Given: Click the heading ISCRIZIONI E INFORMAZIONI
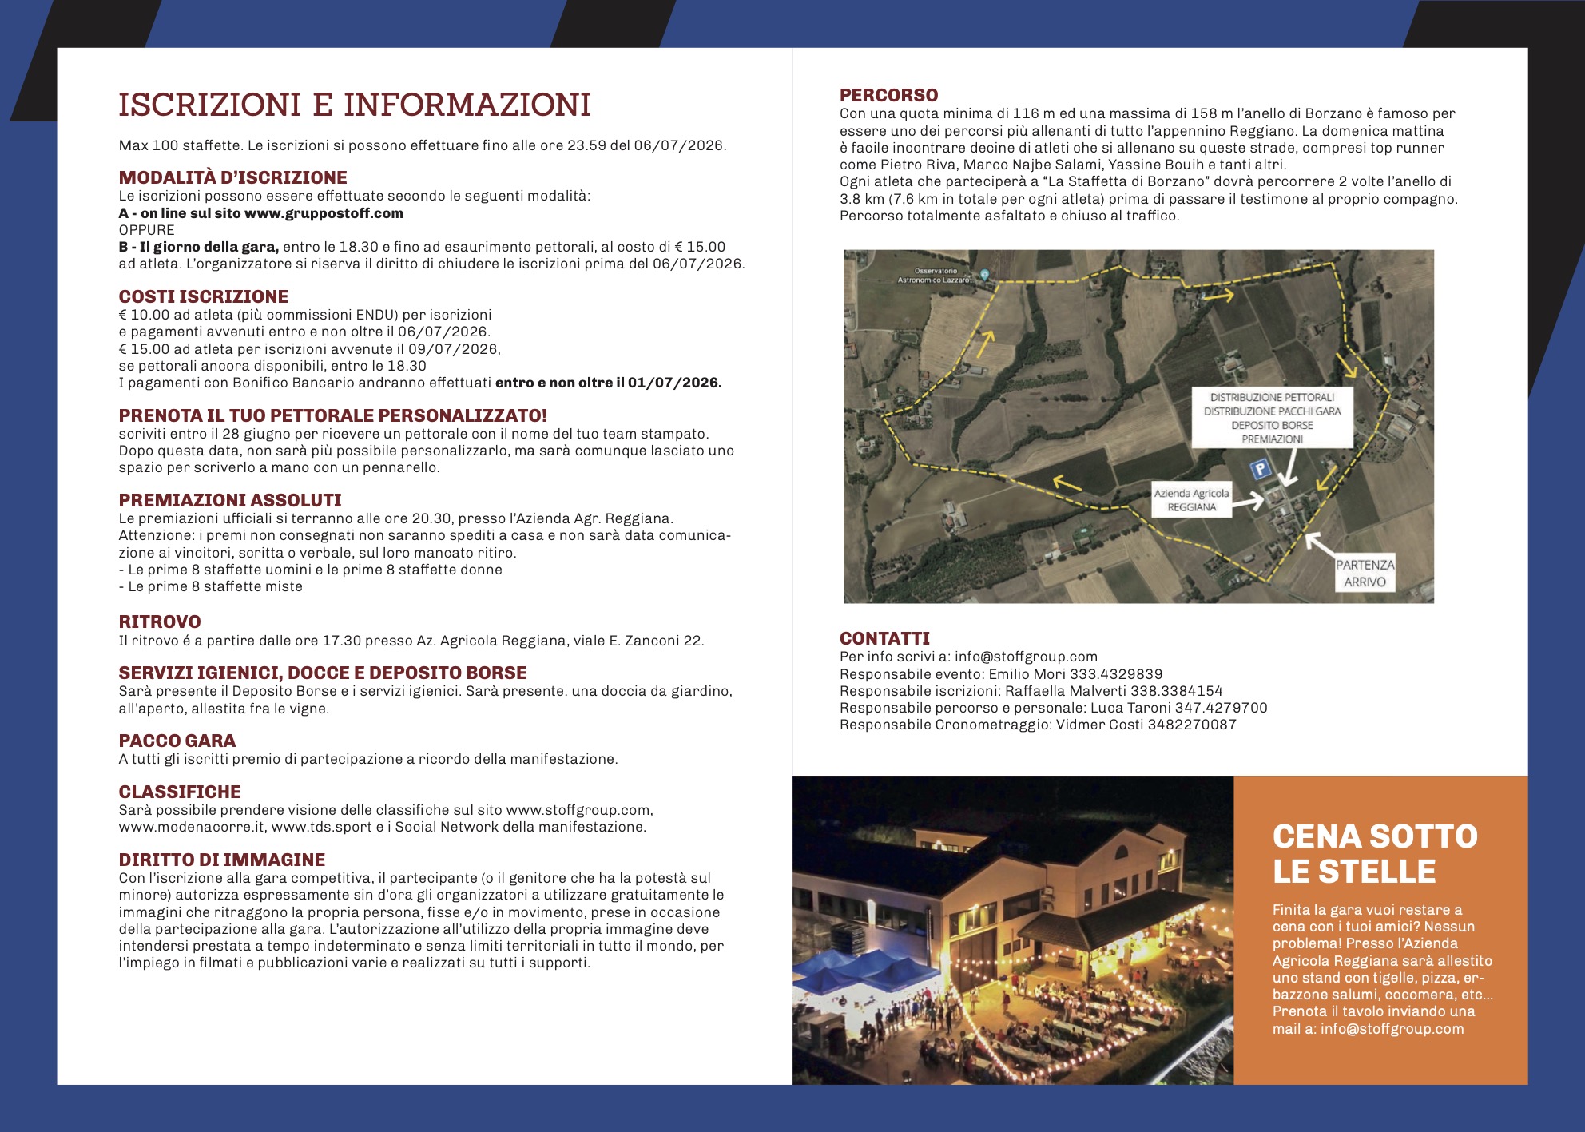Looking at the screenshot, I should click(355, 105).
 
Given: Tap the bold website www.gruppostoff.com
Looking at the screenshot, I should click(324, 213).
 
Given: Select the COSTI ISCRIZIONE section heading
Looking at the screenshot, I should click(203, 296).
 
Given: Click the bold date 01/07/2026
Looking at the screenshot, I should click(674, 383).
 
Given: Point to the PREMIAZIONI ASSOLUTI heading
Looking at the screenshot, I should click(230, 500).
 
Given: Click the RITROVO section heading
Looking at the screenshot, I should click(160, 622).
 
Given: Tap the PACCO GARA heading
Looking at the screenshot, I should click(177, 741).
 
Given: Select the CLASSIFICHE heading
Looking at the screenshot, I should click(180, 792).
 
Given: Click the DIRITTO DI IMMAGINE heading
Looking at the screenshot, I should click(222, 860).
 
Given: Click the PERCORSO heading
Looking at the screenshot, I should click(888, 95).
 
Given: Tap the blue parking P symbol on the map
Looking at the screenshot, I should click(1260, 469).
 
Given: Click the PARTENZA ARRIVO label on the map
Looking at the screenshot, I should click(1365, 573).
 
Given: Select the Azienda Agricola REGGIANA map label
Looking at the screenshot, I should click(1191, 500).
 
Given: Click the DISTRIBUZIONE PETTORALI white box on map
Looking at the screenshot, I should click(1272, 418).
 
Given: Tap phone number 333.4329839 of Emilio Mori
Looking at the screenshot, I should click(1116, 674).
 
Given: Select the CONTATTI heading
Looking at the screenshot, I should click(884, 638).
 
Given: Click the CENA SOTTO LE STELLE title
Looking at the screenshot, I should click(1375, 853).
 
